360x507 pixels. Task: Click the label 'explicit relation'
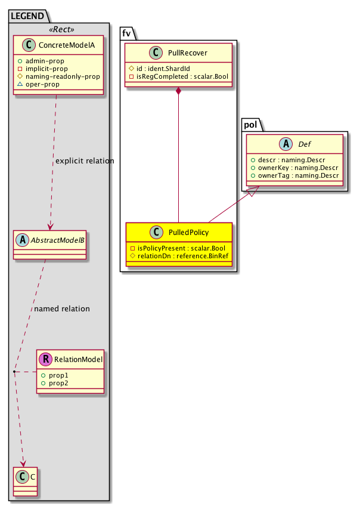coord(84,161)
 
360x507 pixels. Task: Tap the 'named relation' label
coord(62,309)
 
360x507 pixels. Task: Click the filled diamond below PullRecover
coord(179,91)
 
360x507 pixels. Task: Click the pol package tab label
coord(253,124)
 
